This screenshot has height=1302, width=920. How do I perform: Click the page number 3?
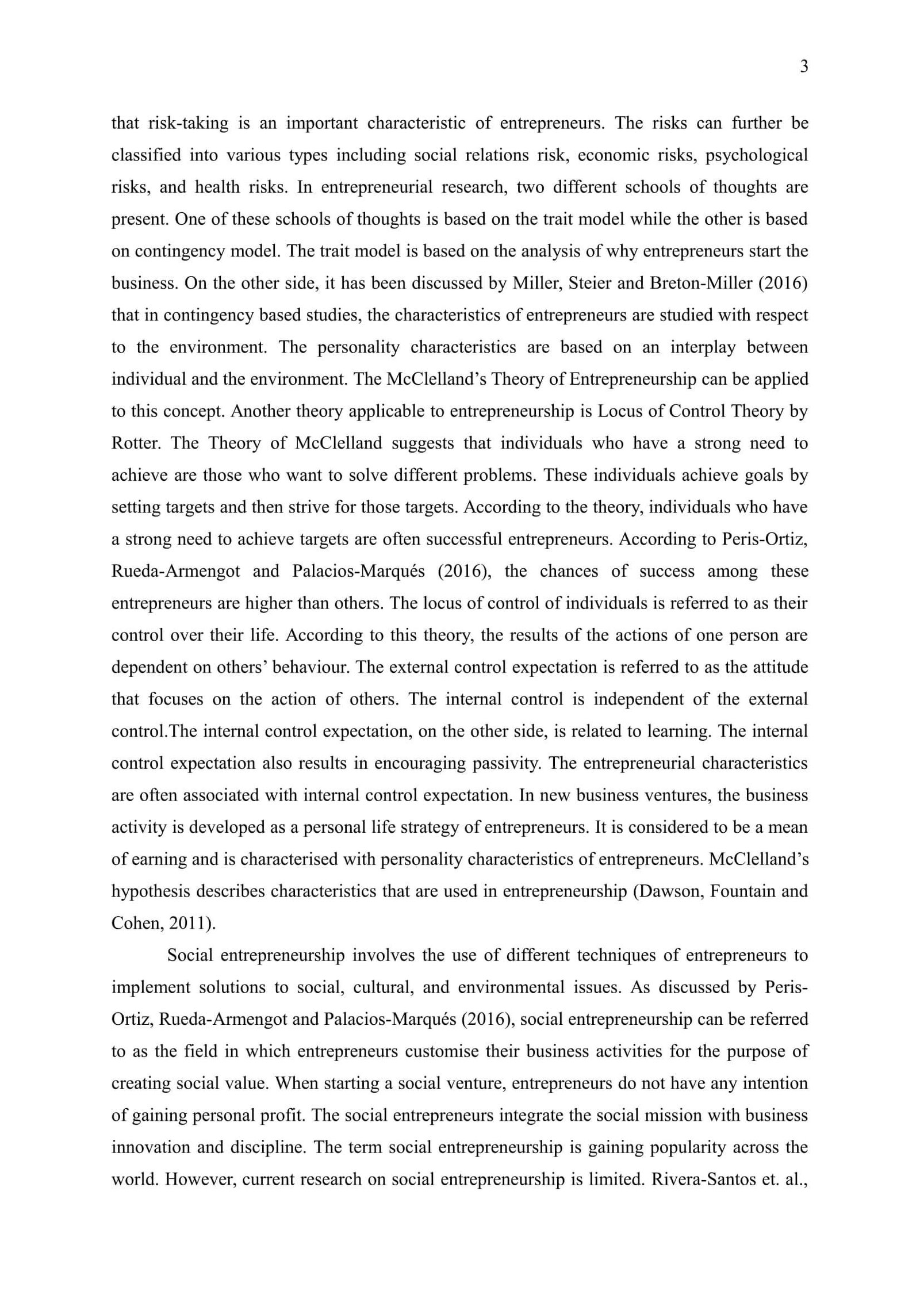tap(804, 67)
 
